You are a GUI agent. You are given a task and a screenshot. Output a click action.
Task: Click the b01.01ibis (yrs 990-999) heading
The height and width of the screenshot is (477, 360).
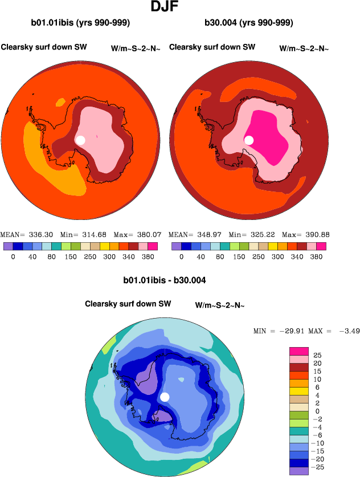(x=81, y=23)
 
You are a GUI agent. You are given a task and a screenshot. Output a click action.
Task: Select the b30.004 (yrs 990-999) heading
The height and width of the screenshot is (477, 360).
(x=249, y=23)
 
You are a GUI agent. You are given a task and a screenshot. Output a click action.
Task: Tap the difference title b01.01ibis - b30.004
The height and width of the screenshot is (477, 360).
(x=165, y=280)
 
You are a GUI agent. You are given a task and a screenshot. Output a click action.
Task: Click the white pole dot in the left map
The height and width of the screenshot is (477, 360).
(x=80, y=140)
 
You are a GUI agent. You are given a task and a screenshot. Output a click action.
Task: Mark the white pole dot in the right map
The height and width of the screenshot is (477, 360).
(x=248, y=140)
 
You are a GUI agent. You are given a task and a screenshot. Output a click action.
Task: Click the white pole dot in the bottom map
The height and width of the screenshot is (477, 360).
(x=165, y=397)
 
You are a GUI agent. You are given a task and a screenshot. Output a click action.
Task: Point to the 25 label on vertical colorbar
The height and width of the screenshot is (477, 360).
(x=318, y=355)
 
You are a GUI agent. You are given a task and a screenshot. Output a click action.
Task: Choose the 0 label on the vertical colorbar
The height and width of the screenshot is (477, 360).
(x=318, y=411)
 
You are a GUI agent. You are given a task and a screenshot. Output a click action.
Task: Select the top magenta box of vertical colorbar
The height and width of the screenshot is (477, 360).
(x=299, y=350)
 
